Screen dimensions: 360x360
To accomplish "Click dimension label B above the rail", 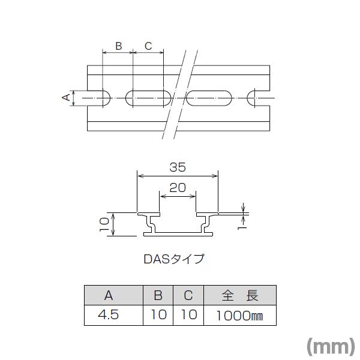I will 118,46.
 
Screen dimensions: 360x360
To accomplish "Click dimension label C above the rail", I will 148,46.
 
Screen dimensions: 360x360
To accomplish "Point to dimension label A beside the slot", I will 66,98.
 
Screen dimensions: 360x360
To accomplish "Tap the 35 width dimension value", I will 178,167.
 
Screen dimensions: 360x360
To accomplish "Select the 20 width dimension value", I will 178,187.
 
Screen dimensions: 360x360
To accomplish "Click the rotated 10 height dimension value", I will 104,224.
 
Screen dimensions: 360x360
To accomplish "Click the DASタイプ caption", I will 174,259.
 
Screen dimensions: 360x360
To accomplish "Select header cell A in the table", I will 109,295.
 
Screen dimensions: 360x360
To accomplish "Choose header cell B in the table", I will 158,295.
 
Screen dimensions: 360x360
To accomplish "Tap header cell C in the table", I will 188,295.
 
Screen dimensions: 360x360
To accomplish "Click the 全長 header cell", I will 240,295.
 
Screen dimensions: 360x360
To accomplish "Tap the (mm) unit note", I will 331,346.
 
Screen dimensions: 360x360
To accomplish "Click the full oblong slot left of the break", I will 148,98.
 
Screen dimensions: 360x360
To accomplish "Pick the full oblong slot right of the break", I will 209,98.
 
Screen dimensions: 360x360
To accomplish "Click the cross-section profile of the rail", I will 178,223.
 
